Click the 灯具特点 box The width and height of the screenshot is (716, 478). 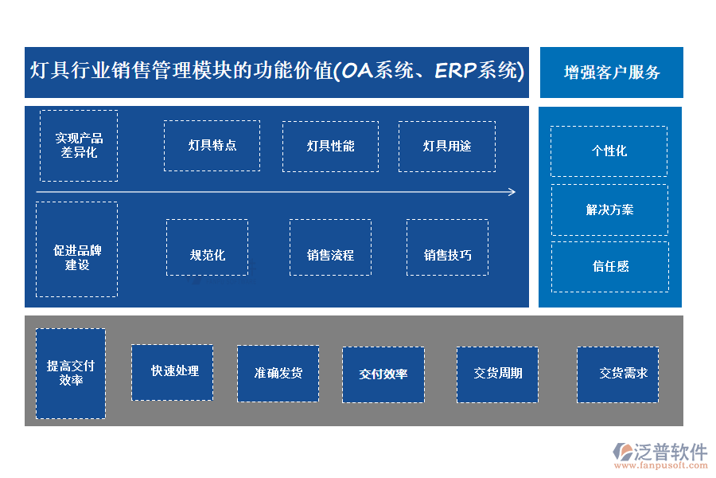[x=212, y=146]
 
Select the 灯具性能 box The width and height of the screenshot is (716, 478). [x=330, y=146]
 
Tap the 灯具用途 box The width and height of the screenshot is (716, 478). [x=446, y=146]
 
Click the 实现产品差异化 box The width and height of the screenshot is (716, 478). [x=79, y=146]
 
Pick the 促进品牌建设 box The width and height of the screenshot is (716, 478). [x=76, y=249]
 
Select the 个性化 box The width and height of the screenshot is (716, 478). [x=609, y=151]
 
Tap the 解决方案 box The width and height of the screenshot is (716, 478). [x=609, y=210]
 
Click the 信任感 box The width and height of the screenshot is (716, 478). [x=609, y=267]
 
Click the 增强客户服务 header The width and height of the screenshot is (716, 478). [x=611, y=72]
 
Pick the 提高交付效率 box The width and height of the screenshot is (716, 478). [x=71, y=373]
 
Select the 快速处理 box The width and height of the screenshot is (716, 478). [x=172, y=372]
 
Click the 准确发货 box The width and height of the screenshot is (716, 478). [x=278, y=373]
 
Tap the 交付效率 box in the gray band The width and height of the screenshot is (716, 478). [x=383, y=374]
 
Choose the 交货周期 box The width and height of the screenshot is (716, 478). [x=497, y=374]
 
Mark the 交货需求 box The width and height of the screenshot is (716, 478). [x=618, y=374]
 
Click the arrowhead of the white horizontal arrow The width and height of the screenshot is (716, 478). [x=512, y=192]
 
